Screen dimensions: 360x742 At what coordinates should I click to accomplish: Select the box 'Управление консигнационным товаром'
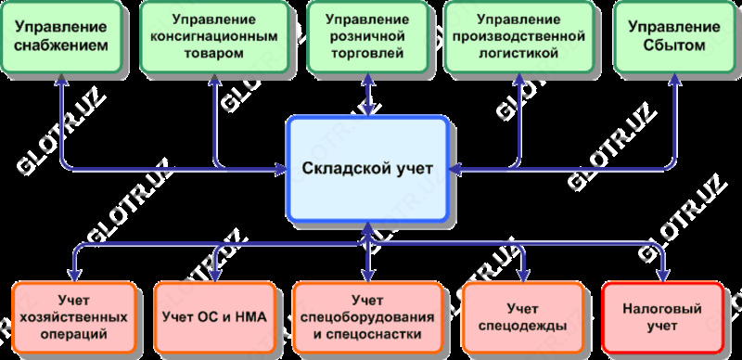click(x=213, y=37)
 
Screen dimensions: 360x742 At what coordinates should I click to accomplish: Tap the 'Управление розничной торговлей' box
click(x=368, y=37)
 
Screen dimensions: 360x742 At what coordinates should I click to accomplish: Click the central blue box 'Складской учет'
click(x=367, y=168)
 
